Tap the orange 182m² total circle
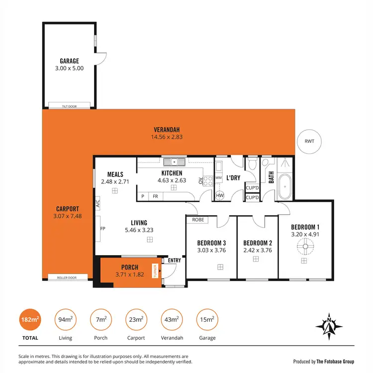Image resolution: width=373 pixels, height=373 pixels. (29, 320)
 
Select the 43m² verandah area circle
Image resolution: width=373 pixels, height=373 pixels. (172, 320)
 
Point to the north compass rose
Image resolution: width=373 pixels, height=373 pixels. (329, 326)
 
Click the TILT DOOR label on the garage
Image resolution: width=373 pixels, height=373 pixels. (69, 105)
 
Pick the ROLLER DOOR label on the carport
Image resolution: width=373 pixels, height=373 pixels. (69, 278)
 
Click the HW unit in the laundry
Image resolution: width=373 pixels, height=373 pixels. (219, 195)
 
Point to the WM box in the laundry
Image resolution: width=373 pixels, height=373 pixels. (218, 178)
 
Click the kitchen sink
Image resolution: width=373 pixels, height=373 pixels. (175, 162)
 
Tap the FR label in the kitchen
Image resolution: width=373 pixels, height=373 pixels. (155, 196)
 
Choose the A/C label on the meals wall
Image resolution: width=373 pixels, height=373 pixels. (98, 203)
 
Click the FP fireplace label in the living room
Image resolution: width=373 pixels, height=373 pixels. (102, 229)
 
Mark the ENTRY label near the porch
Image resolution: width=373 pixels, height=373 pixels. (175, 260)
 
